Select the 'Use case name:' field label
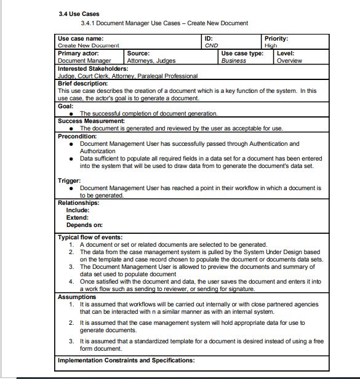(81, 38)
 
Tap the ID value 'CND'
(211, 46)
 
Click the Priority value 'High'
(271, 46)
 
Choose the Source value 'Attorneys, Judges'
(151, 61)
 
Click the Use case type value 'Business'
(234, 61)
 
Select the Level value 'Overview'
(289, 61)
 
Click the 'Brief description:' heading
(82, 83)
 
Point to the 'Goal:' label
(65, 106)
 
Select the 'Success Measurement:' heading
(91, 121)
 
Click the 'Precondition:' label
(78, 136)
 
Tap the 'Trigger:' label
(70, 181)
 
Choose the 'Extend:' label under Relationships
(78, 217)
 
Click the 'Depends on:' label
(84, 225)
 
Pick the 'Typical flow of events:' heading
(90, 237)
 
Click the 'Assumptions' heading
(77, 297)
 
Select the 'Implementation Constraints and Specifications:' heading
(126, 360)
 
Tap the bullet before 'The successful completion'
(73, 114)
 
